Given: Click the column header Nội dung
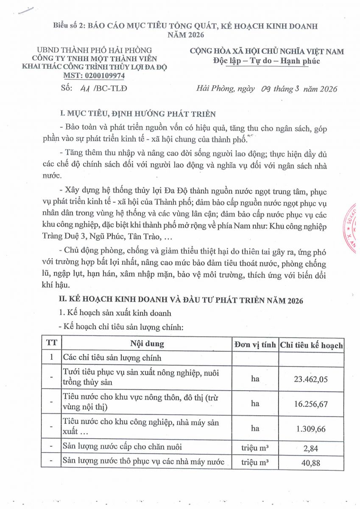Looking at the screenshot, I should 147,344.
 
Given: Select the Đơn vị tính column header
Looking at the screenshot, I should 255,345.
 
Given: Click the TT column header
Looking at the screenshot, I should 51,343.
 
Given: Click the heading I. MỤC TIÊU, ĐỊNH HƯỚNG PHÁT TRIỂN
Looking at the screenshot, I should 138,114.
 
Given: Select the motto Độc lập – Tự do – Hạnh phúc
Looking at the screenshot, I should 266,61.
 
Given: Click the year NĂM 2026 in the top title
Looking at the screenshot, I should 186,35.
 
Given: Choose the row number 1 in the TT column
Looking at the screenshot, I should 51,358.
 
